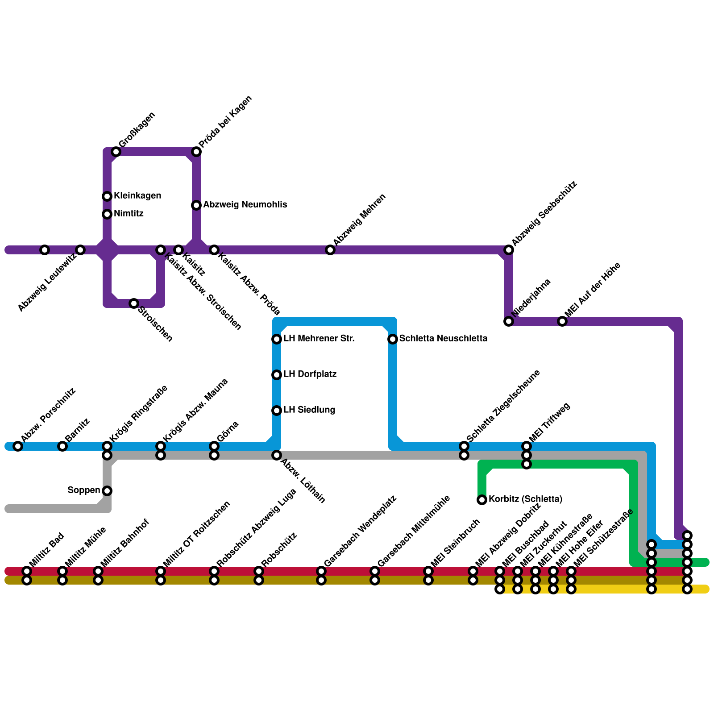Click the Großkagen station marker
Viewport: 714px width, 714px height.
point(116,152)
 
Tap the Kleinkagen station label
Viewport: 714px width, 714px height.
point(137,196)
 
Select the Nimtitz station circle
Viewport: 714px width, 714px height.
point(107,214)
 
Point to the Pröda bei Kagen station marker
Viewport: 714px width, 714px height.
point(196,152)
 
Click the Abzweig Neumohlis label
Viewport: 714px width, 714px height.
point(245,205)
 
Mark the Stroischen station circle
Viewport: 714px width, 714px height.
point(134,303)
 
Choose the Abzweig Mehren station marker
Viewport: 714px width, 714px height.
point(330,250)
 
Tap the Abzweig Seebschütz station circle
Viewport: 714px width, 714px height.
point(509,250)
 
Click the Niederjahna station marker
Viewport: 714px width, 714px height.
point(509,321)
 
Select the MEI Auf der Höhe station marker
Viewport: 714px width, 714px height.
point(562,321)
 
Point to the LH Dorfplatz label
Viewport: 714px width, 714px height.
point(310,374)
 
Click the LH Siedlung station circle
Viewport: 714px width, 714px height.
point(277,411)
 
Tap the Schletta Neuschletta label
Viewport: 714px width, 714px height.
point(443,339)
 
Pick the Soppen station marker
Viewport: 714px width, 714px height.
point(107,491)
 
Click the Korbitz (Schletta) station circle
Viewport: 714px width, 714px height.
point(482,500)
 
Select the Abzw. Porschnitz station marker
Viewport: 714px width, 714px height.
point(18,446)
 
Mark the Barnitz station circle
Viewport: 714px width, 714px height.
point(62,446)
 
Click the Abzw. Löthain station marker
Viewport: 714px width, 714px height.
point(277,455)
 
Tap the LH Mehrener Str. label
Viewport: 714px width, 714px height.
point(319,339)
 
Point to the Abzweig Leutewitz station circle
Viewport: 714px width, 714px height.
point(80,250)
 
